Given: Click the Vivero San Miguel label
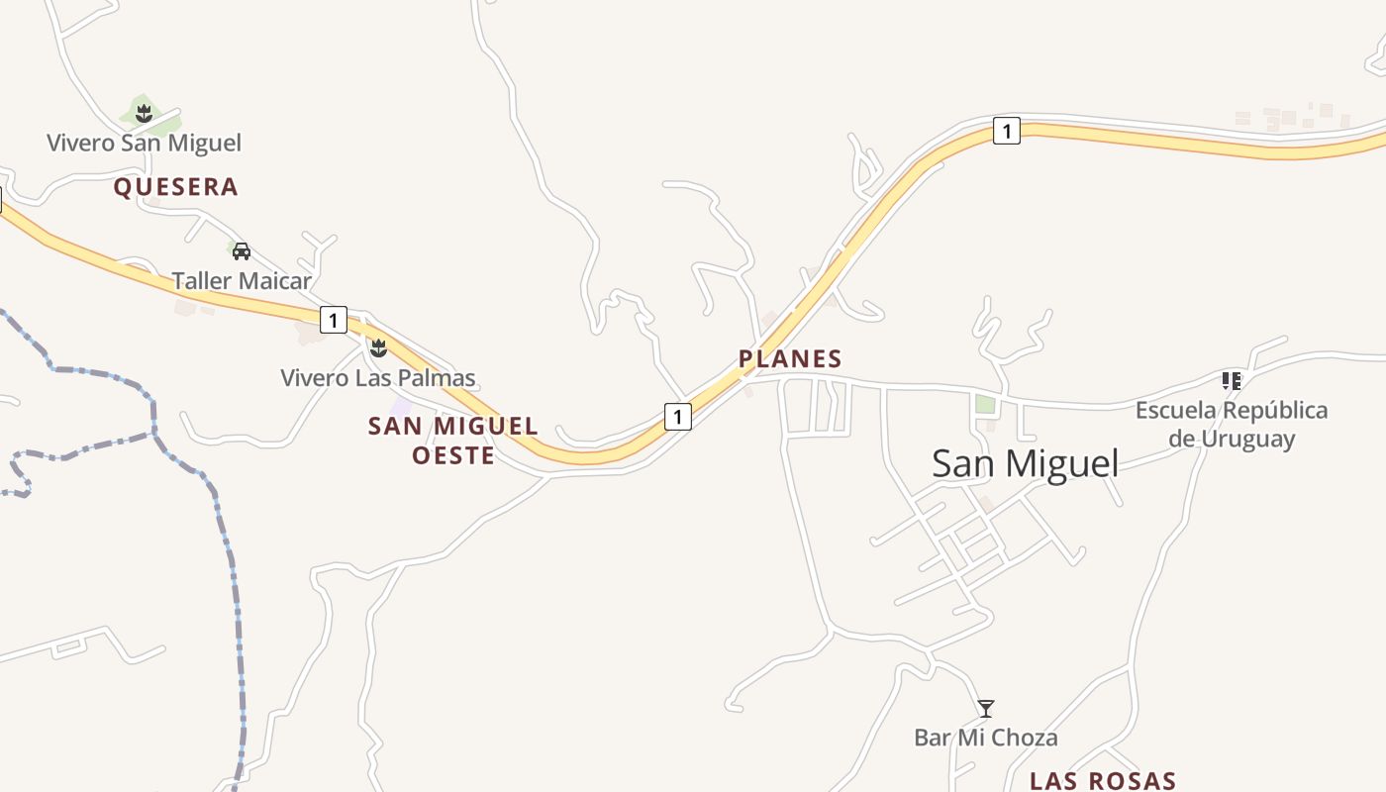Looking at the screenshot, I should [x=145, y=143].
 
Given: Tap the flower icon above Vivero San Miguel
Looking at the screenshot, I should [x=145, y=113].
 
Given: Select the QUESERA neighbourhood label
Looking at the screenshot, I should [x=176, y=187].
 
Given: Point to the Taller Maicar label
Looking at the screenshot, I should [x=242, y=280].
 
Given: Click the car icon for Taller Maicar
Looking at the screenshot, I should [x=241, y=250].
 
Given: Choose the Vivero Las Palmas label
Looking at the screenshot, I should [x=378, y=377].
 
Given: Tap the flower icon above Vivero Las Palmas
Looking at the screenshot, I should [x=377, y=347].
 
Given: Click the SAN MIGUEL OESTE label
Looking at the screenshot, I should [x=453, y=441].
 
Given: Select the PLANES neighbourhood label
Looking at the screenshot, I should [x=790, y=358].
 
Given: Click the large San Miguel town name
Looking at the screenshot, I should [x=1025, y=463].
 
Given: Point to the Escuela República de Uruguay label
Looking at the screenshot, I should [x=1232, y=424].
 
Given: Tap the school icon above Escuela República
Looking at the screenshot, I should [x=1232, y=380].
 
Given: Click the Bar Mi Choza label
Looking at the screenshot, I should [x=985, y=738].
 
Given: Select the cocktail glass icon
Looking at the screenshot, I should [x=986, y=708].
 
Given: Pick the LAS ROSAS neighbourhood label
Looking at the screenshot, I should [x=1103, y=780].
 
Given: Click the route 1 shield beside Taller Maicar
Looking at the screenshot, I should [x=334, y=320].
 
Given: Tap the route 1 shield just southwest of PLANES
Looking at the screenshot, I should [x=677, y=417].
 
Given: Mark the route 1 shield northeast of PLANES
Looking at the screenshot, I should [x=1006, y=131].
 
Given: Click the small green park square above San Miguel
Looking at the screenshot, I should [x=984, y=404].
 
